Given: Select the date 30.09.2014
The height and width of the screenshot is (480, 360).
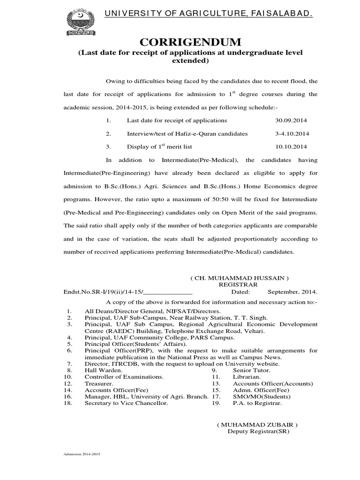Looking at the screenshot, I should (292, 120).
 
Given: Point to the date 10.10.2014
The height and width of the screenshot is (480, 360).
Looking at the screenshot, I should (292, 147).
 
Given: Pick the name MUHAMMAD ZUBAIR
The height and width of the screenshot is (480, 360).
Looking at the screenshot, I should (257, 425).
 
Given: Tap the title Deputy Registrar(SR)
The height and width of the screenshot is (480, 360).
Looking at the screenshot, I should (259, 431).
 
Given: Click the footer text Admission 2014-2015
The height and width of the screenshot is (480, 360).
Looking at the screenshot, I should (82, 455).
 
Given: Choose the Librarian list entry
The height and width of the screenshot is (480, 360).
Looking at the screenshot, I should (247, 376).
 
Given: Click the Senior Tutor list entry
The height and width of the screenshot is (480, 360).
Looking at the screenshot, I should (252, 370).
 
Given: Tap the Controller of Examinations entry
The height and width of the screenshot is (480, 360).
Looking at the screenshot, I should (124, 376).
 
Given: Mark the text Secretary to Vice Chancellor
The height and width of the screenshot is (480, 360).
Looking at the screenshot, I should (126, 403).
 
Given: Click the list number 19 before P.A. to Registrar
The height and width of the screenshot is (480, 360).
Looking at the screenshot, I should (216, 403).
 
